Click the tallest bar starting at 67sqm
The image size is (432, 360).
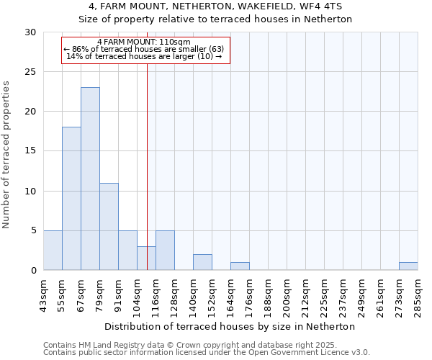pyautogui.click(x=90, y=179)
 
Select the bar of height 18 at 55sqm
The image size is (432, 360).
pyautogui.click(x=71, y=198)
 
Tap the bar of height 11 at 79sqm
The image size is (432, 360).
pyautogui.click(x=109, y=226)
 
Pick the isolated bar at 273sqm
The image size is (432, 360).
pyautogui.click(x=408, y=266)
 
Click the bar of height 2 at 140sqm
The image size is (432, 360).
pyautogui.click(x=202, y=262)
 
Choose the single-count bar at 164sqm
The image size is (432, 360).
pyautogui.click(x=240, y=266)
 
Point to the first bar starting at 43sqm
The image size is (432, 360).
pyautogui.click(x=53, y=250)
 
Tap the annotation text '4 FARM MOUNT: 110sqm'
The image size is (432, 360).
pyautogui.click(x=144, y=42)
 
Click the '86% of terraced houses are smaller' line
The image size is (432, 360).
pyautogui.click(x=144, y=49)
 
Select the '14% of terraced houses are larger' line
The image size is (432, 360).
pyautogui.click(x=144, y=56)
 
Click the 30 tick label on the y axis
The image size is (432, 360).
pyautogui.click(x=31, y=32)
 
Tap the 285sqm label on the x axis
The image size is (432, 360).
pyautogui.click(x=418, y=294)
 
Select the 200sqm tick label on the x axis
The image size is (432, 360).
pyautogui.click(x=287, y=294)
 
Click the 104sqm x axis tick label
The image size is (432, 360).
pyautogui.click(x=138, y=294)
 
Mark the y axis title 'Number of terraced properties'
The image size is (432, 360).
pyautogui.click(x=7, y=155)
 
